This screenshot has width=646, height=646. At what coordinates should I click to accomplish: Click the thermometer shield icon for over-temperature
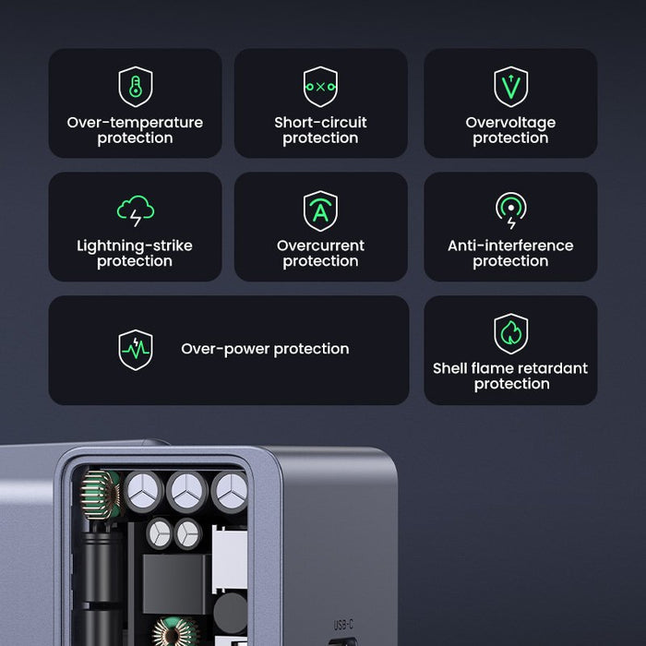[136, 87]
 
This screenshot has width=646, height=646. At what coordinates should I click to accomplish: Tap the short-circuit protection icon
[320, 87]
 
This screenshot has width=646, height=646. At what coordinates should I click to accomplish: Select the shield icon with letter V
[510, 87]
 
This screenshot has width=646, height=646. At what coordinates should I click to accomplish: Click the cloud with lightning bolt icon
[136, 210]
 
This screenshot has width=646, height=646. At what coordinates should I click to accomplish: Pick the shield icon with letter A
[320, 210]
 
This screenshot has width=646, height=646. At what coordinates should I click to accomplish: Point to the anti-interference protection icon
[510, 210]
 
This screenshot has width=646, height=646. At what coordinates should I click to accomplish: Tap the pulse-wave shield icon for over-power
[136, 350]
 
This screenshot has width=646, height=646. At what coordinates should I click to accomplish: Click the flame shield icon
[510, 333]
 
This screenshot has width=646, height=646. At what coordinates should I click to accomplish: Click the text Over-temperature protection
[135, 130]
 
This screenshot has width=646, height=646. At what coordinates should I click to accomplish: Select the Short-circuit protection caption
[320, 130]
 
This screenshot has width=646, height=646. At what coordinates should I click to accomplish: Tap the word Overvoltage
[510, 123]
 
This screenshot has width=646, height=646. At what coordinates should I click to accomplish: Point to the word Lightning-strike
[135, 245]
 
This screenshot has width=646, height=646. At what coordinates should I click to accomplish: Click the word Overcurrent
[320, 245]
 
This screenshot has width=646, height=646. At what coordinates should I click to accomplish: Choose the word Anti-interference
[510, 245]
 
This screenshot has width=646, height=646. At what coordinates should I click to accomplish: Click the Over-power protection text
[265, 349]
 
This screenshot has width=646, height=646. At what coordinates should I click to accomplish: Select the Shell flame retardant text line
[510, 368]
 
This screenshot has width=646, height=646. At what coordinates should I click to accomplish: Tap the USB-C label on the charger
[343, 626]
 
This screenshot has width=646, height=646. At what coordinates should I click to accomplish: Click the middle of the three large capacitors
[186, 490]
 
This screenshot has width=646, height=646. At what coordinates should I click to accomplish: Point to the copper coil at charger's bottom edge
[175, 633]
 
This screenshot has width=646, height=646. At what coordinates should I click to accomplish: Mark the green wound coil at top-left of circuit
[102, 493]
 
